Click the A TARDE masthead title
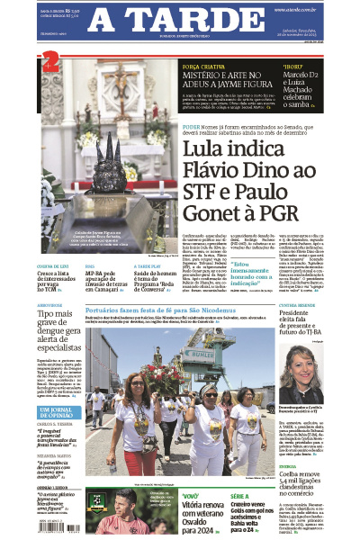point(179,21)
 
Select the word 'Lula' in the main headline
point(208,146)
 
